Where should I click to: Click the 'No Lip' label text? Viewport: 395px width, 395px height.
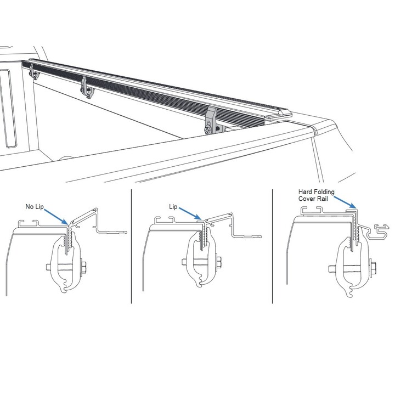pos(35,207)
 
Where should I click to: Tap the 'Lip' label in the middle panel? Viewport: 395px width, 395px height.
pos(173,207)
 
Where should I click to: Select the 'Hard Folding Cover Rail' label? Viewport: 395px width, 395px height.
pos(317,195)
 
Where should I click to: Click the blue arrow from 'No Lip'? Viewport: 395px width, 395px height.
pos(56,217)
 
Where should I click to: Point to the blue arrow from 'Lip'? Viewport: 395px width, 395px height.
pos(190,213)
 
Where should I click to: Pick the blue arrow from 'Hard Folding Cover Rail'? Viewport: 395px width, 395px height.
pos(346,202)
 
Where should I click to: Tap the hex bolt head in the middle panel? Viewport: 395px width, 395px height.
pos(219,262)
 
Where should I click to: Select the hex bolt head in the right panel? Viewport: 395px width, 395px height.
pos(374,269)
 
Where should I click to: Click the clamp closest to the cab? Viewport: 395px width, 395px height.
pos(34,71)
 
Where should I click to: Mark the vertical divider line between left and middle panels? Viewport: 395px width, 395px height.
pos(132,246)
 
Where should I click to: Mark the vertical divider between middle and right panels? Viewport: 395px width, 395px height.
pos(272,246)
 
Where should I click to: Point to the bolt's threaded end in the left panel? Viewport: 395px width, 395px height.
pos(48,267)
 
